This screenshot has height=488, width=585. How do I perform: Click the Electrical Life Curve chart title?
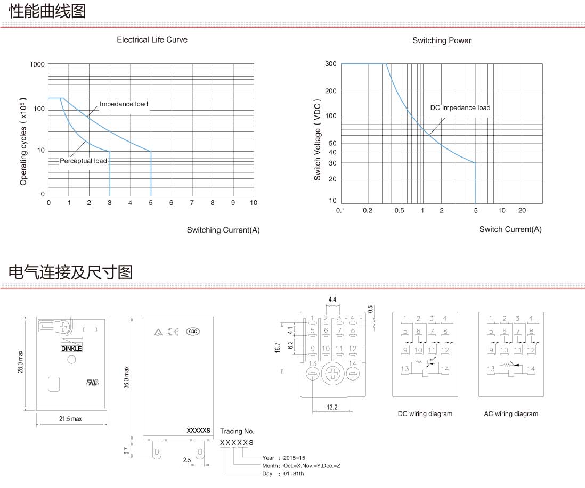pyautogui.click(x=152, y=40)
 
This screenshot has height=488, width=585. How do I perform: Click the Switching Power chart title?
pyautogui.click(x=442, y=40)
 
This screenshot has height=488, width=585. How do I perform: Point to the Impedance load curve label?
pyautogui.click(x=124, y=104)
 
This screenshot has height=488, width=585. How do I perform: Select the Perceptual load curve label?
pyautogui.click(x=83, y=161)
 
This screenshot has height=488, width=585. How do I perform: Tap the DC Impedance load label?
pyautogui.click(x=460, y=108)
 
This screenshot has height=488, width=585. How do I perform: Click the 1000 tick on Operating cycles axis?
pyautogui.click(x=37, y=64)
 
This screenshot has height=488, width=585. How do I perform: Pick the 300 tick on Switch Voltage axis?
pyautogui.click(x=330, y=64)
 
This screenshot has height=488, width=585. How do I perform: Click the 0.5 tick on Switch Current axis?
pyautogui.click(x=399, y=211)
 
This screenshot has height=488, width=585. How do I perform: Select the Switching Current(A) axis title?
pyautogui.click(x=223, y=230)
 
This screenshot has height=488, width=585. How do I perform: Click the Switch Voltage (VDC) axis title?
pyautogui.click(x=317, y=139)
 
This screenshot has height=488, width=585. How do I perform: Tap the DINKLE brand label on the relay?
pyautogui.click(x=71, y=349)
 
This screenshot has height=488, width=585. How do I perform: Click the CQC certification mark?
pyautogui.click(x=192, y=332)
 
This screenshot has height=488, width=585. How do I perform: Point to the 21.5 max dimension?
pyautogui.click(x=70, y=419)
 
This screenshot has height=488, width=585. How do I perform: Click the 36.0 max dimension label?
pyautogui.click(x=126, y=377)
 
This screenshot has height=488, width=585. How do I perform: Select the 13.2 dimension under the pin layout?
pyautogui.click(x=332, y=407)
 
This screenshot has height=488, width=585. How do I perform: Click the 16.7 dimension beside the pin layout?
pyautogui.click(x=277, y=348)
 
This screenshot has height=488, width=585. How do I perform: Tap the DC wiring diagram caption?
pyautogui.click(x=425, y=414)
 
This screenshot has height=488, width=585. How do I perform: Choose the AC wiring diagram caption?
pyautogui.click(x=511, y=414)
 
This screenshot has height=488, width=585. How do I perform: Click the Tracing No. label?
pyautogui.click(x=237, y=432)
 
